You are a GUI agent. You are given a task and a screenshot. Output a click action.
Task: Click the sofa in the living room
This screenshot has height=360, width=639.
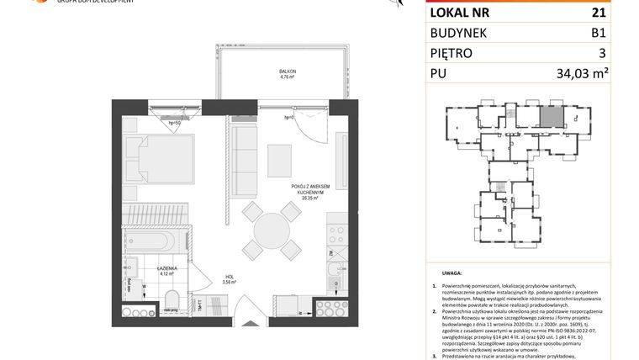point(246,159)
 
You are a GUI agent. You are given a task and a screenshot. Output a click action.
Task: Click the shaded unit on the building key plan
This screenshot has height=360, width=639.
point(550,118)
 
